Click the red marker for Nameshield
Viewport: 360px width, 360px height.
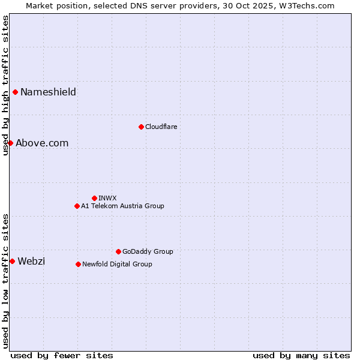pos(15,92)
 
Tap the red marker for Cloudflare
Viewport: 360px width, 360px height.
pos(141,127)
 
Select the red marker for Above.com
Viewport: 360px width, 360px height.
pos(10,143)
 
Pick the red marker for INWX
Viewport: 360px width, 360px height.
pos(94,198)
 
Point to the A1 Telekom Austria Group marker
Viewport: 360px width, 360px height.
pos(77,206)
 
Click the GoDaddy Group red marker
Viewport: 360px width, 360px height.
pos(118,251)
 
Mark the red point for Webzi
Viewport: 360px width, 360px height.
pos(12,261)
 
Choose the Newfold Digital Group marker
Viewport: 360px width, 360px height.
pos(78,264)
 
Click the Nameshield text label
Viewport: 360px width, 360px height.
pos(48,92)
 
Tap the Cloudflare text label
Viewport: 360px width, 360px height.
pos(161,127)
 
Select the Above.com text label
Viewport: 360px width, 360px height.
pos(42,143)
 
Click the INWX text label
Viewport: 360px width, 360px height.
pos(107,198)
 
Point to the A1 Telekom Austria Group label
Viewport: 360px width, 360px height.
pos(122,206)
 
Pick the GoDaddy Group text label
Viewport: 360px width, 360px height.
pos(148,251)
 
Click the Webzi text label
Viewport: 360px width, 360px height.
pos(31,261)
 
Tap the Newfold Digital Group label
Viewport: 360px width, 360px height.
pos(117,264)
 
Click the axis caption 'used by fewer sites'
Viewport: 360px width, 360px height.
pos(62,355)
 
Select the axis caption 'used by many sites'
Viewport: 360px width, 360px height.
pos(301,355)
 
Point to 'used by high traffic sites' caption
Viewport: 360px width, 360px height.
pos(5,85)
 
